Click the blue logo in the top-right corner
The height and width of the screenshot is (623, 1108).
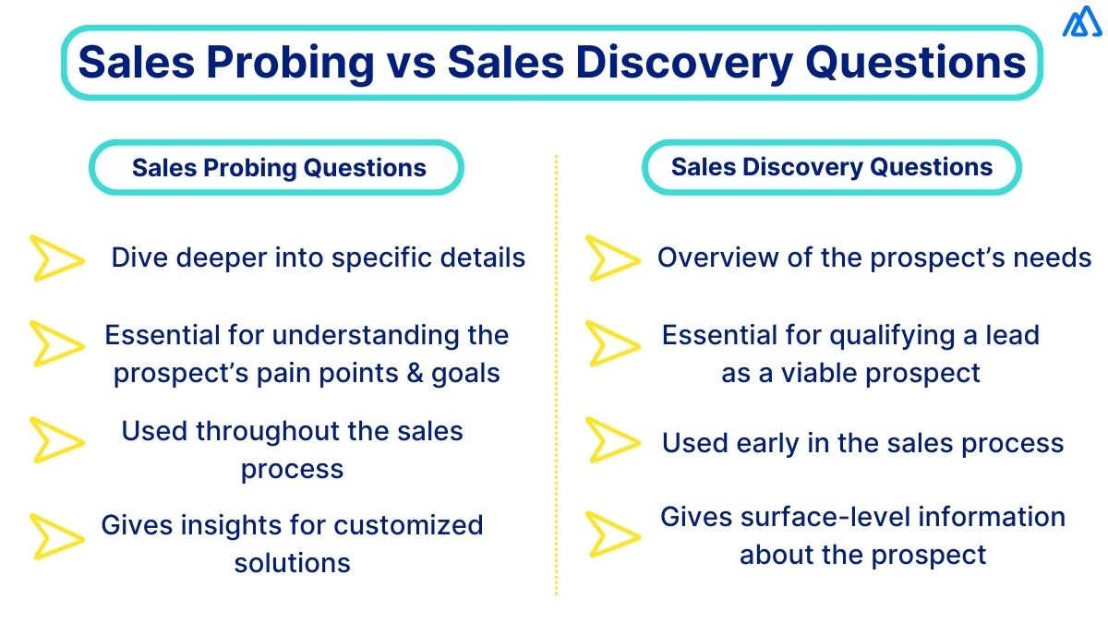tap(1080, 22)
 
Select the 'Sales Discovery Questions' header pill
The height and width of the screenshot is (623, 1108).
tap(831, 167)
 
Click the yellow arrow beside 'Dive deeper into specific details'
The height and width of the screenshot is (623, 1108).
tap(56, 258)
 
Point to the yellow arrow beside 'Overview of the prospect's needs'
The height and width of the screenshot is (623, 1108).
tap(612, 258)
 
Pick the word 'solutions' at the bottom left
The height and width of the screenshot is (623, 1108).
tap(292, 563)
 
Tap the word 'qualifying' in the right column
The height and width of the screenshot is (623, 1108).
tap(899, 335)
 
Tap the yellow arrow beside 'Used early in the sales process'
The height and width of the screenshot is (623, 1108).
tap(612, 440)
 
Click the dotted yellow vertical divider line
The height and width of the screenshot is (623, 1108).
tap(556, 369)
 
